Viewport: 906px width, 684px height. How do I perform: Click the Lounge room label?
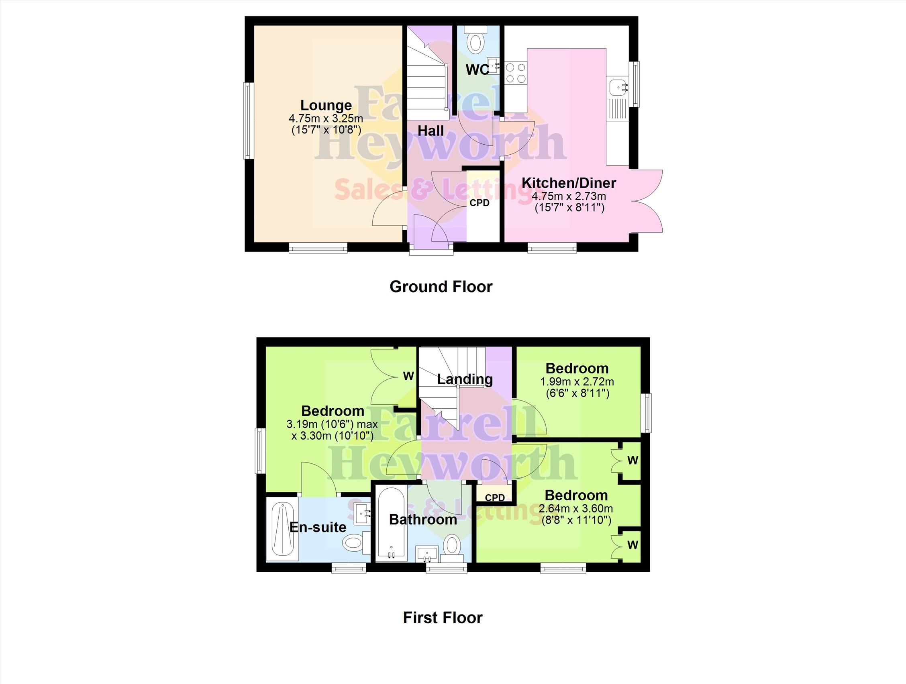[x=326, y=105]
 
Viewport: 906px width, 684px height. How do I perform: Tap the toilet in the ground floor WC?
[x=475, y=39]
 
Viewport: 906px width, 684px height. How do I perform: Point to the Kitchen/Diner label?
[x=569, y=183]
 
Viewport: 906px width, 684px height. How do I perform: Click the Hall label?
[x=431, y=131]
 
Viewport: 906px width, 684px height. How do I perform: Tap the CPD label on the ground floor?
[x=479, y=203]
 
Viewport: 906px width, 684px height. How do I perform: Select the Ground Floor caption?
[x=441, y=287]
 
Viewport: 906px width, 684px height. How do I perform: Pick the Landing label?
[x=465, y=379]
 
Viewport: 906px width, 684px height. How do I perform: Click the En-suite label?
[x=318, y=527]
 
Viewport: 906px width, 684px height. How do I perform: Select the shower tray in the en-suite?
[x=282, y=529]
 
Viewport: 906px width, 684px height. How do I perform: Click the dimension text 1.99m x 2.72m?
[x=577, y=382]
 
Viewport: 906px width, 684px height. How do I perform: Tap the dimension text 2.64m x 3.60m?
[x=576, y=509]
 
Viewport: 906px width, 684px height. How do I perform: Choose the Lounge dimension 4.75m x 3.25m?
[x=326, y=119]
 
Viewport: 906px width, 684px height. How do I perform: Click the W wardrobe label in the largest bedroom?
[x=408, y=376]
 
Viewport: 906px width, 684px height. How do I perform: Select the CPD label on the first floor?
[x=495, y=498]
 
